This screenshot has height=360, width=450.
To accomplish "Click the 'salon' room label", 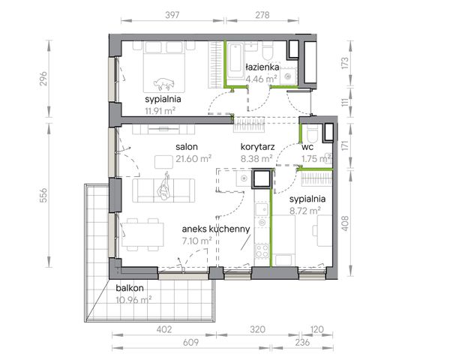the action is click(x=187, y=147).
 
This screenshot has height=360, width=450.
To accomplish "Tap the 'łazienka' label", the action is click(x=262, y=67).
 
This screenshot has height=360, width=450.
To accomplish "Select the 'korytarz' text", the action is click(x=257, y=147).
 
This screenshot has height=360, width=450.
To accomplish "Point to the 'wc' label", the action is click(x=307, y=147).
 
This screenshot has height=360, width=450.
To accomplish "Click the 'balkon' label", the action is click(x=130, y=288).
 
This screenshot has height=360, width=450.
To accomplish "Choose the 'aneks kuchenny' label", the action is click(x=216, y=229).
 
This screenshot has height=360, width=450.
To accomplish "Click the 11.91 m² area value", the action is click(x=160, y=111).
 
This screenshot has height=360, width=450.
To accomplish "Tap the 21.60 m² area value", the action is click(x=193, y=158).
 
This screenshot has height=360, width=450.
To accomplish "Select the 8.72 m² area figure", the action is click(x=305, y=211).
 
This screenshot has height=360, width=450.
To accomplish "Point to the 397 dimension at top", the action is click(x=172, y=15).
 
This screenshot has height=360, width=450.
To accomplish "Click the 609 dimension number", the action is click(x=190, y=342).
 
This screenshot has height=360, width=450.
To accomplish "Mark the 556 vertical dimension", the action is click(x=43, y=195).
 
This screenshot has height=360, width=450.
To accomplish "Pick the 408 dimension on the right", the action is click(x=345, y=223).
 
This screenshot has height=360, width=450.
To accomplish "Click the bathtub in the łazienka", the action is click(x=235, y=61).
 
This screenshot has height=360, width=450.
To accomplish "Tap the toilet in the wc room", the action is click(x=312, y=135).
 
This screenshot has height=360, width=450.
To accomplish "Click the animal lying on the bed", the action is click(x=163, y=83).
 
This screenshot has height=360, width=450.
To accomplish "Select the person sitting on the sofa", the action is click(x=163, y=186).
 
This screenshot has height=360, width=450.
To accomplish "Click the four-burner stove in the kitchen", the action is click(x=262, y=250).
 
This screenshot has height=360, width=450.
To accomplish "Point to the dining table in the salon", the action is click(x=142, y=235).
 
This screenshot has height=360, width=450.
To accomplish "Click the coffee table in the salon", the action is click(x=163, y=162).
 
